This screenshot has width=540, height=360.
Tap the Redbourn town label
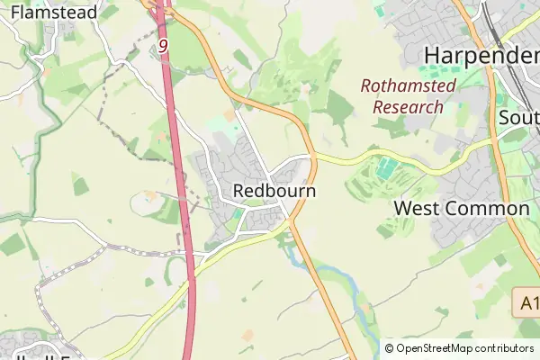point(274,192)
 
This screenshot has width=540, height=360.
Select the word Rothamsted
point(408,86)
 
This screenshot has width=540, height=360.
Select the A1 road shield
point(528,302)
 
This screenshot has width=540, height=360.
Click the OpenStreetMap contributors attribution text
point(464,348)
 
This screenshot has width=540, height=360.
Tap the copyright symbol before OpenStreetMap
point(389,348)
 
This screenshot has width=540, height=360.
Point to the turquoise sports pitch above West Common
point(385,167)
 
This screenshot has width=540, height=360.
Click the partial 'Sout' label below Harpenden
point(518,118)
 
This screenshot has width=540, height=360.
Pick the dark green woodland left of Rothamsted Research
point(339,108)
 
